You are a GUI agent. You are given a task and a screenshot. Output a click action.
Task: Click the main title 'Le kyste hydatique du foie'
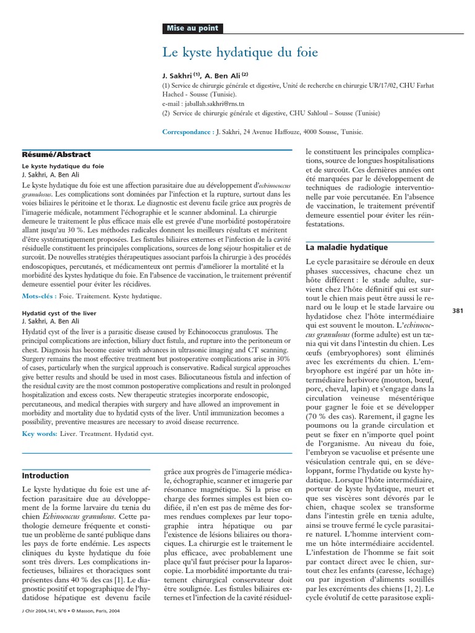[241, 53]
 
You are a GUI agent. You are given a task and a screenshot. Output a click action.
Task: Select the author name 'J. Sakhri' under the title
[177, 75]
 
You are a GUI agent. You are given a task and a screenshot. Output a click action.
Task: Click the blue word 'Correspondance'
[186, 132]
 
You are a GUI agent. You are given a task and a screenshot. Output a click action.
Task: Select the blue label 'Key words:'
[40, 433]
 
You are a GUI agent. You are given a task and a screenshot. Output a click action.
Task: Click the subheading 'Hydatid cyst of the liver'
[59, 313]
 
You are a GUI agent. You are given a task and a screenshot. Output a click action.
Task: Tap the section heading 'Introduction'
[46, 475]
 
